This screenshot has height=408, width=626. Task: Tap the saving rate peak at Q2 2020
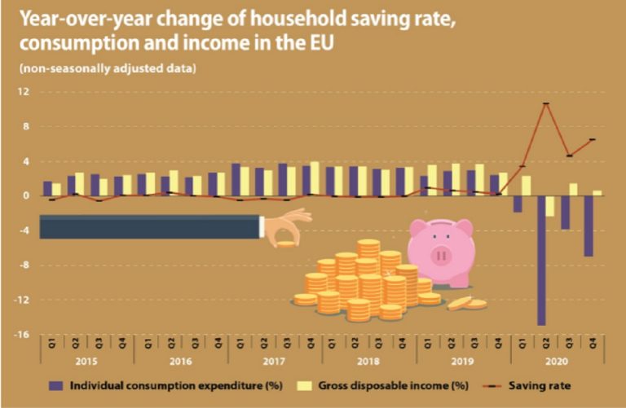[545, 103]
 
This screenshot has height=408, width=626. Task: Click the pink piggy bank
[440, 248]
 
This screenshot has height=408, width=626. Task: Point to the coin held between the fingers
[287, 243]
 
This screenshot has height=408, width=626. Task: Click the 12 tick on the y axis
[24, 92]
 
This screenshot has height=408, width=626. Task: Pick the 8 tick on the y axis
[26, 126]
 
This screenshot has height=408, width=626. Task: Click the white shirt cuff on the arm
[261, 226]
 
